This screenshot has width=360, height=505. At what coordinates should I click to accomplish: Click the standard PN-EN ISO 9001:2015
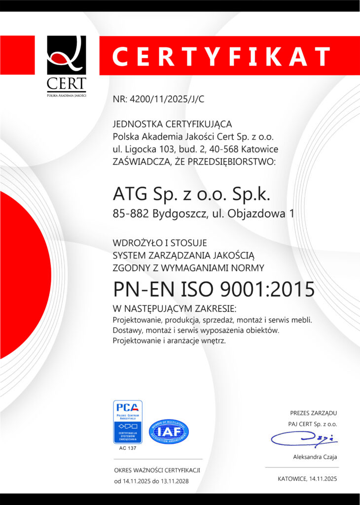tap(214, 289)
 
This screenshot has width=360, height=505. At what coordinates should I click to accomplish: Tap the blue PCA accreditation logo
tap(128, 422)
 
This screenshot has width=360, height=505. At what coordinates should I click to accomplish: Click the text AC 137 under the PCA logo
tap(128, 448)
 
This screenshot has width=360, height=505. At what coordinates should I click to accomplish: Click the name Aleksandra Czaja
tap(315, 457)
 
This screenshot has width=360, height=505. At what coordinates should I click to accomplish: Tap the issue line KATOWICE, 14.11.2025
tap(307, 479)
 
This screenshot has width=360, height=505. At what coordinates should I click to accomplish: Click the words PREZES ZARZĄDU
tap(313, 413)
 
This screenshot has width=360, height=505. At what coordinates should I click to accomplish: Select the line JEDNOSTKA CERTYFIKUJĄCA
tap(172, 124)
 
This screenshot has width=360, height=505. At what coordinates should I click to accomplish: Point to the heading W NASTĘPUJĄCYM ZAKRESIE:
tap(175, 309)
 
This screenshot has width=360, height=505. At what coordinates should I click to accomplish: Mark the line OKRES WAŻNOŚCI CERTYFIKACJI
tap(157, 470)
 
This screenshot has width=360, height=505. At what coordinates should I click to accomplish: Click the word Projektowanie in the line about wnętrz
tap(136, 341)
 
